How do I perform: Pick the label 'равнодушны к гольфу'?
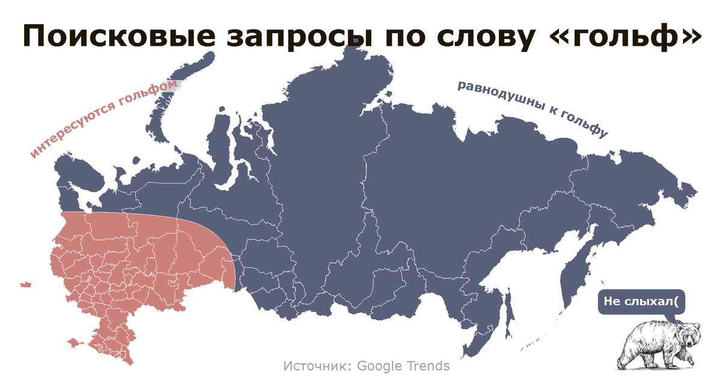pyautogui.click(x=533, y=108)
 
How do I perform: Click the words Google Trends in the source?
pyautogui.click(x=403, y=366)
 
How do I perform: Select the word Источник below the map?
pyautogui.click(x=316, y=366)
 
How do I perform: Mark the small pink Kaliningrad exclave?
pyautogui.click(x=25, y=284)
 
